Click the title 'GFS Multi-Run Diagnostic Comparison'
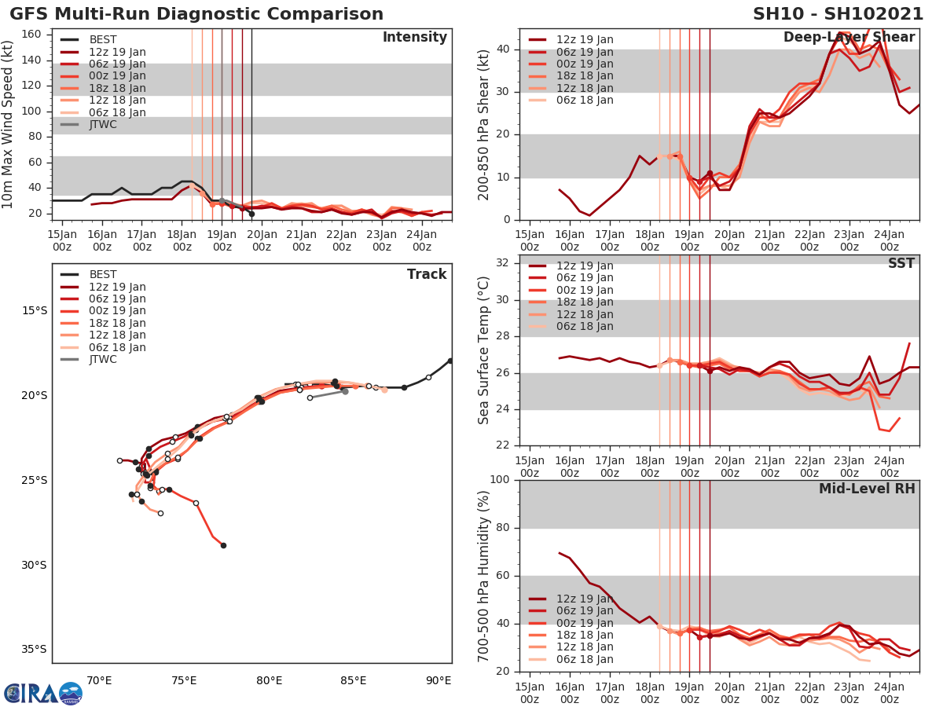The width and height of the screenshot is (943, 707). click(x=196, y=14)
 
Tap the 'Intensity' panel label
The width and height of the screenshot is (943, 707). click(x=414, y=38)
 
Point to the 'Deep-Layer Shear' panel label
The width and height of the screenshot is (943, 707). click(x=849, y=38)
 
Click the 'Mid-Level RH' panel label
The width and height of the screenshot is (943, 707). click(x=867, y=489)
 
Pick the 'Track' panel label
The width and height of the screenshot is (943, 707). click(x=427, y=274)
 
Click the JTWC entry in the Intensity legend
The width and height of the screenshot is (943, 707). click(x=103, y=124)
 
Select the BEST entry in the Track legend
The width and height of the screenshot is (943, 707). click(x=103, y=274)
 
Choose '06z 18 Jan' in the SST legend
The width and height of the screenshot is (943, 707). click(x=585, y=326)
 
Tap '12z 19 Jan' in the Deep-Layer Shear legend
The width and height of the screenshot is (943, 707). click(x=585, y=39)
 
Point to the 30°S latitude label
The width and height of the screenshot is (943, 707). click(x=34, y=565)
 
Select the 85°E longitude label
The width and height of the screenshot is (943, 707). click(x=354, y=680)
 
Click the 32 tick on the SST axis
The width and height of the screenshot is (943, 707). click(x=503, y=263)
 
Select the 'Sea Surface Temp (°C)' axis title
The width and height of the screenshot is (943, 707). click(x=484, y=350)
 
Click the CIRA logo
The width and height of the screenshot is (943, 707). click(x=42, y=693)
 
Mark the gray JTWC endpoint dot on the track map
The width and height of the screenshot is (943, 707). click(x=345, y=390)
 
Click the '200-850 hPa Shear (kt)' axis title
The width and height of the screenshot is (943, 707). click(x=484, y=126)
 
